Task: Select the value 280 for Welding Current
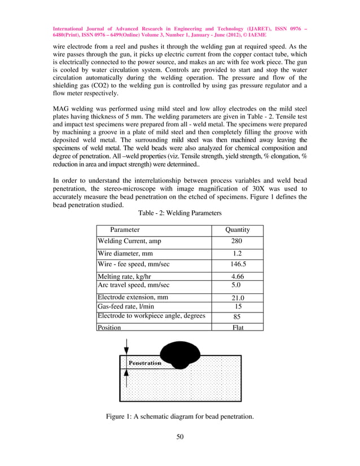coord(237,241)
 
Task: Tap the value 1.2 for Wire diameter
coord(237,254)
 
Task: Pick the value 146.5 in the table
coord(237,263)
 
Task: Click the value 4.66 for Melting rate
coord(237,276)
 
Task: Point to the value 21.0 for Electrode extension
coord(237,298)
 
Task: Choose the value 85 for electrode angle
coord(237,316)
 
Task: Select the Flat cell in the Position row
coord(237,327)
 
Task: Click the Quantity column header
coord(237,230)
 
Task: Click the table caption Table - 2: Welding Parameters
coord(180,213)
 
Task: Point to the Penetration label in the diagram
coord(145,363)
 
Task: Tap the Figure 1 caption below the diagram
coord(180,417)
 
